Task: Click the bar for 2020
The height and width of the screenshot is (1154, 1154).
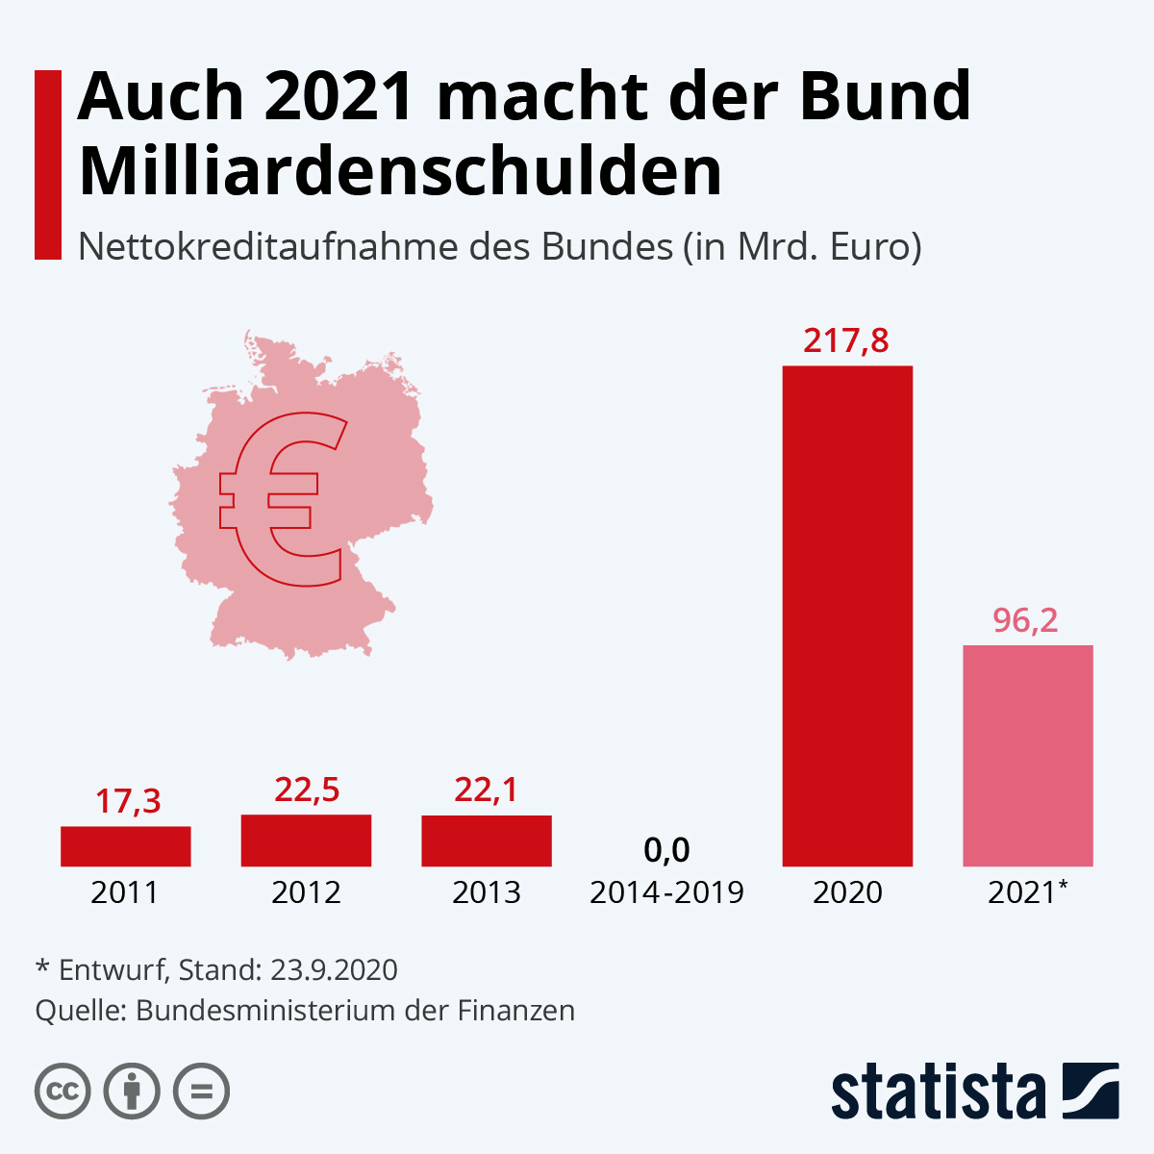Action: (x=847, y=615)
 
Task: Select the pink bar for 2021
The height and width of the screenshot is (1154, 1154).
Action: (x=1028, y=756)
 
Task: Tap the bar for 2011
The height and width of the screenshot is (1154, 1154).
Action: (x=126, y=846)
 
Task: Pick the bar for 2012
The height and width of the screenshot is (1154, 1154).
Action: (x=306, y=840)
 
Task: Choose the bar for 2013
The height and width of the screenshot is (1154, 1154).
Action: (x=487, y=841)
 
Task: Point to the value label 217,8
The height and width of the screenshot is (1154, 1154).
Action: (x=846, y=340)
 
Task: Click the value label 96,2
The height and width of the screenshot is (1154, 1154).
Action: (x=1025, y=620)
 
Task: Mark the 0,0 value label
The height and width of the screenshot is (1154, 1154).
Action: (x=666, y=850)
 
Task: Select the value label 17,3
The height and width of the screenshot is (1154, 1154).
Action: (x=128, y=801)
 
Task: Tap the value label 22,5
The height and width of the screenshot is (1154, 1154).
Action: (x=307, y=790)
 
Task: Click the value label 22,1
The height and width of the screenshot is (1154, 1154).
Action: (x=486, y=790)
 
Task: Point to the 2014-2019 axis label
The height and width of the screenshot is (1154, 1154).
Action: (x=666, y=892)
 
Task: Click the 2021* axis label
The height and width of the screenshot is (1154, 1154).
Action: (x=1027, y=892)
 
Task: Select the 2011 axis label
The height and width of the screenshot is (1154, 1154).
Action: (x=125, y=892)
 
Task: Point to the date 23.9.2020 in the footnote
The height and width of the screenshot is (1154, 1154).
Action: (x=334, y=969)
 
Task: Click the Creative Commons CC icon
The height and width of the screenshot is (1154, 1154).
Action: (x=63, y=1091)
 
